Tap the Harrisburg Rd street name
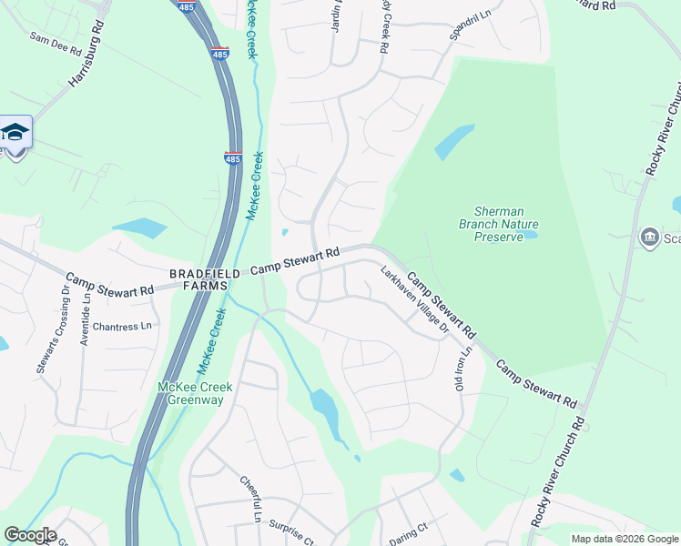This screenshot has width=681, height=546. click(x=87, y=63)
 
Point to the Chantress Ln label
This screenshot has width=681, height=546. click(x=121, y=326)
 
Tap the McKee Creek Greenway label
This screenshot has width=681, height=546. click(x=195, y=394)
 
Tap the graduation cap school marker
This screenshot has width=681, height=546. click(x=15, y=134)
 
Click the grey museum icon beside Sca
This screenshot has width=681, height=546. click(x=649, y=238)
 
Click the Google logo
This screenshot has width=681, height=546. click(x=30, y=535)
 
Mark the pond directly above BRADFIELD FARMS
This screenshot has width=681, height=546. click(x=139, y=228)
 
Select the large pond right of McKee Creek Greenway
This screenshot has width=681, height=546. click(x=324, y=411)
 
